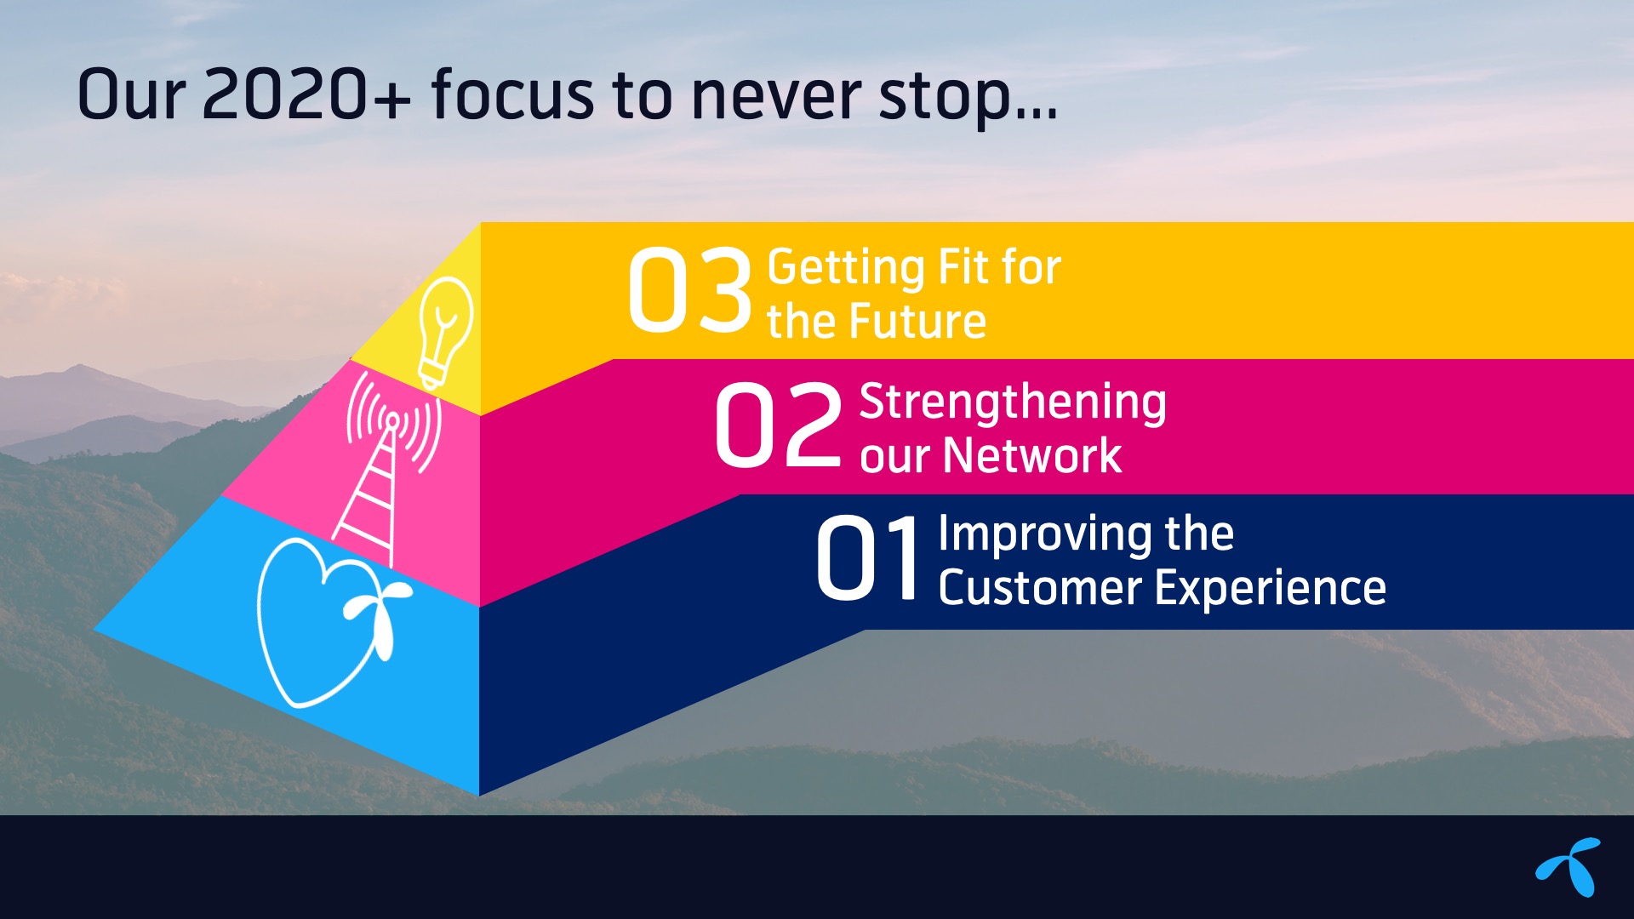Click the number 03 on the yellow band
690,291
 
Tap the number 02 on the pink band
778,425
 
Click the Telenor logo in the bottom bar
1568,866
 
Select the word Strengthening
1013,402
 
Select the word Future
918,323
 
